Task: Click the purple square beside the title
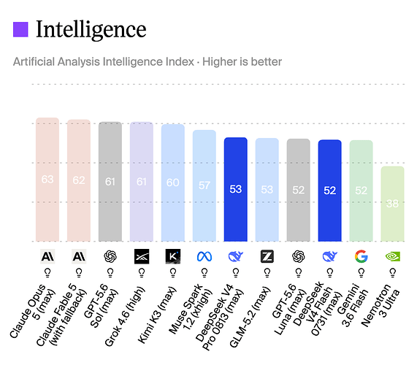click(20, 29)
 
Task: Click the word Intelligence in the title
click(91, 30)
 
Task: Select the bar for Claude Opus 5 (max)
click(47, 180)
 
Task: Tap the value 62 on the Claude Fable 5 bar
click(79, 180)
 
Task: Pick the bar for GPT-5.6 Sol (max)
click(110, 182)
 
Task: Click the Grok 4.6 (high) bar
click(142, 182)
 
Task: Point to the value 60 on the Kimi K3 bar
click(173, 182)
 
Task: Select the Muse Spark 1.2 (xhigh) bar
click(204, 186)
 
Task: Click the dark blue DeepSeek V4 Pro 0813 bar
click(236, 190)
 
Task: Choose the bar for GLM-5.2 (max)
click(267, 190)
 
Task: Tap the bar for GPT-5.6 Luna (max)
click(299, 190)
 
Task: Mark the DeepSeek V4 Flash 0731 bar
click(330, 191)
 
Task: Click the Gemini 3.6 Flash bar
click(361, 191)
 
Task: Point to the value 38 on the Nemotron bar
click(392, 204)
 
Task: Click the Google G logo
click(361, 256)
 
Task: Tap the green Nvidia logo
click(392, 256)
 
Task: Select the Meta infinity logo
click(204, 256)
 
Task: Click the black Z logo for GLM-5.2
click(267, 256)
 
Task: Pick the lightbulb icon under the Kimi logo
click(173, 273)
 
